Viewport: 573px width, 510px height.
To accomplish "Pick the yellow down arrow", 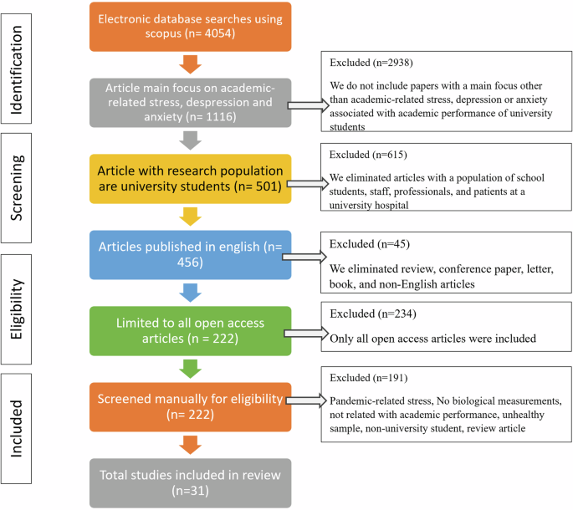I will pyautogui.click(x=190, y=217).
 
